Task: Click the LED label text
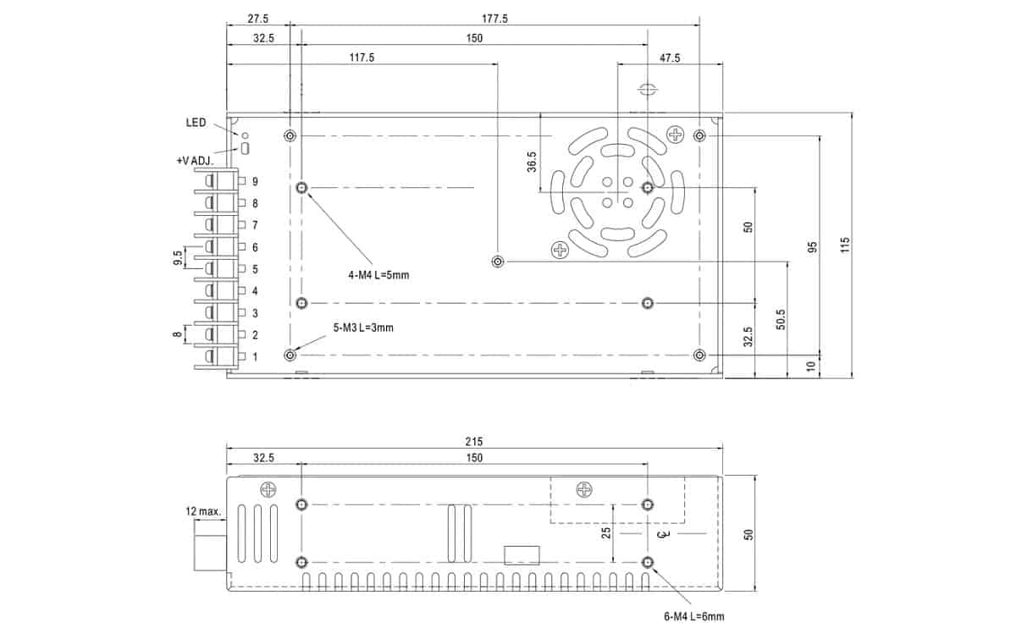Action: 196,123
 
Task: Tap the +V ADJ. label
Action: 194,160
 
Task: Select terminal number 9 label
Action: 255,182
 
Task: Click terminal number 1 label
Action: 255,357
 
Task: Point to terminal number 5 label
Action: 255,270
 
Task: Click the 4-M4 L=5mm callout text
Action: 378,275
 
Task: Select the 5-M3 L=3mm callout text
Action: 363,328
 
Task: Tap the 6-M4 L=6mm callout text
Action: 694,616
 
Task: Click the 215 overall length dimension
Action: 473,442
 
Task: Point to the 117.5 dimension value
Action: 362,58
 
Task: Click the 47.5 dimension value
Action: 669,58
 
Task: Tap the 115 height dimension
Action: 845,245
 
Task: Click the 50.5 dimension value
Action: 781,320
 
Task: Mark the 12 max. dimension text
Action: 203,511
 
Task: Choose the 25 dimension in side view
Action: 605,532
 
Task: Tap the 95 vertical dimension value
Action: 812,247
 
